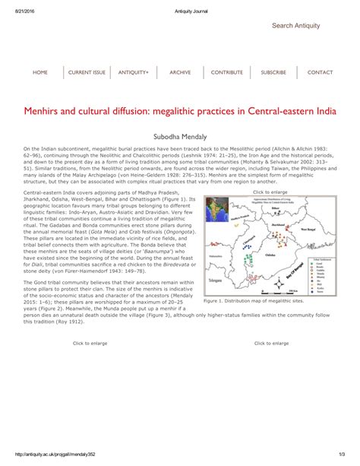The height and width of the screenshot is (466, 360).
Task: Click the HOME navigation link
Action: coord(40,72)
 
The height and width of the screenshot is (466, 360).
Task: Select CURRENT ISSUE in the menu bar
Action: coord(87,72)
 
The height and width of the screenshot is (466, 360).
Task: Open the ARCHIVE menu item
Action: coord(180,72)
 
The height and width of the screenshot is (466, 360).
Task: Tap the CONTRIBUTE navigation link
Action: coord(227,72)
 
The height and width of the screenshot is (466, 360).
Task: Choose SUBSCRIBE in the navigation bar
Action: coord(273,72)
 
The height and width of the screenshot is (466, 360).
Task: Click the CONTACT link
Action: coord(320,72)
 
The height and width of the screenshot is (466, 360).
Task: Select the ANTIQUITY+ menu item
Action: coord(133,72)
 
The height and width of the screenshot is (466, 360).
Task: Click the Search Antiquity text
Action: coord(295,26)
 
